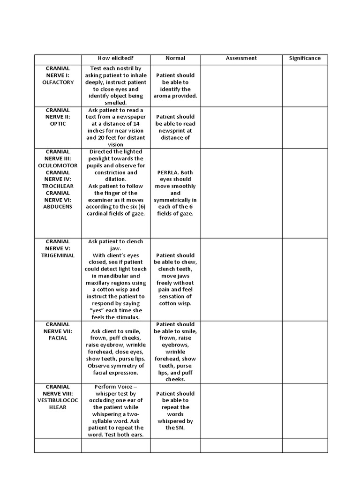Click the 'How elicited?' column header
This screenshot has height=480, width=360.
[x=115, y=58]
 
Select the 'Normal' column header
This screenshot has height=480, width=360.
[x=175, y=58]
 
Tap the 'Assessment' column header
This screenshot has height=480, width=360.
[x=241, y=58]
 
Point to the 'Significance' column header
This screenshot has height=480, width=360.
[x=305, y=58]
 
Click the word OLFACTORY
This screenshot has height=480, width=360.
[x=58, y=82]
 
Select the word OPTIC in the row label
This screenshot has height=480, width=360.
[x=58, y=124]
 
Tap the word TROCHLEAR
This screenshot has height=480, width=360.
[x=58, y=186]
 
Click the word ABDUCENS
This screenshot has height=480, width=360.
[x=58, y=207]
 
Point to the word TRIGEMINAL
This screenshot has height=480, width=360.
[x=58, y=255]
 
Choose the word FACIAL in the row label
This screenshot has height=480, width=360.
[x=58, y=338]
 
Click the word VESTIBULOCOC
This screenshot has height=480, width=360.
[x=58, y=400]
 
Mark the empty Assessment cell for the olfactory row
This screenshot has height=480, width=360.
[x=241, y=85]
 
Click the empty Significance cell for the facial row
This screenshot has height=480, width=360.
[x=305, y=352]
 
